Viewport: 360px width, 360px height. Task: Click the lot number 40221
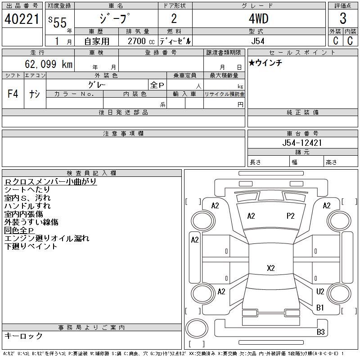(x=22, y=19)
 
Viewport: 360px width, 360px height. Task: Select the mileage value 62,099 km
(x=49, y=64)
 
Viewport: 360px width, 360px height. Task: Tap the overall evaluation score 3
(x=343, y=18)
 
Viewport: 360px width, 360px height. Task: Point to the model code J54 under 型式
(x=258, y=41)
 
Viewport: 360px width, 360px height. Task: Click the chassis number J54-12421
(x=302, y=143)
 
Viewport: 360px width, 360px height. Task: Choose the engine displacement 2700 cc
(x=141, y=41)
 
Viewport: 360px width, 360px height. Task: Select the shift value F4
(x=13, y=94)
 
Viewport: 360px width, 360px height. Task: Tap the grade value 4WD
(x=258, y=18)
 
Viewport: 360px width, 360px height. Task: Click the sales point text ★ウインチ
(x=265, y=63)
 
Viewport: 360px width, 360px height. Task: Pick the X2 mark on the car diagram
(x=271, y=268)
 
